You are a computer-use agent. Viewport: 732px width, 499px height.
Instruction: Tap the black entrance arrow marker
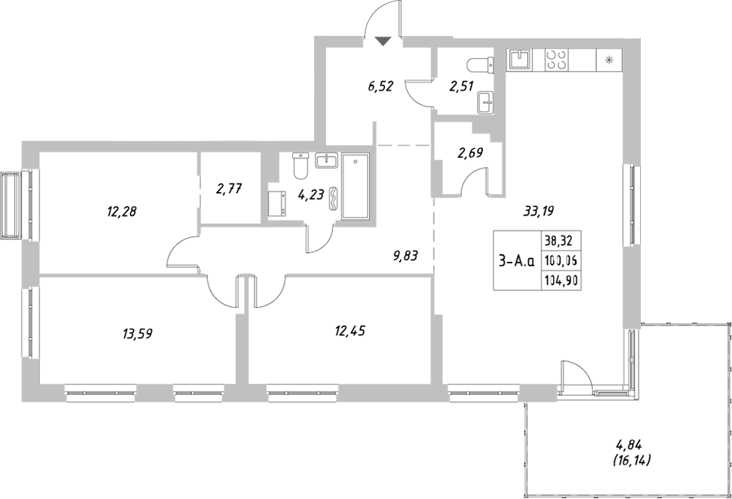(x=383, y=42)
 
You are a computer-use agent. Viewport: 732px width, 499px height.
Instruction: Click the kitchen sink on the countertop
(x=520, y=59)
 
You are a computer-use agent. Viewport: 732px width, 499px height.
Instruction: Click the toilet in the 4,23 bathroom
(x=301, y=165)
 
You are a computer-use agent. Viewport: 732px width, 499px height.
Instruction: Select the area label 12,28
(x=123, y=212)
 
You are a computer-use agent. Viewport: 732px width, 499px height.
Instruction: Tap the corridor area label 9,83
(x=405, y=255)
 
